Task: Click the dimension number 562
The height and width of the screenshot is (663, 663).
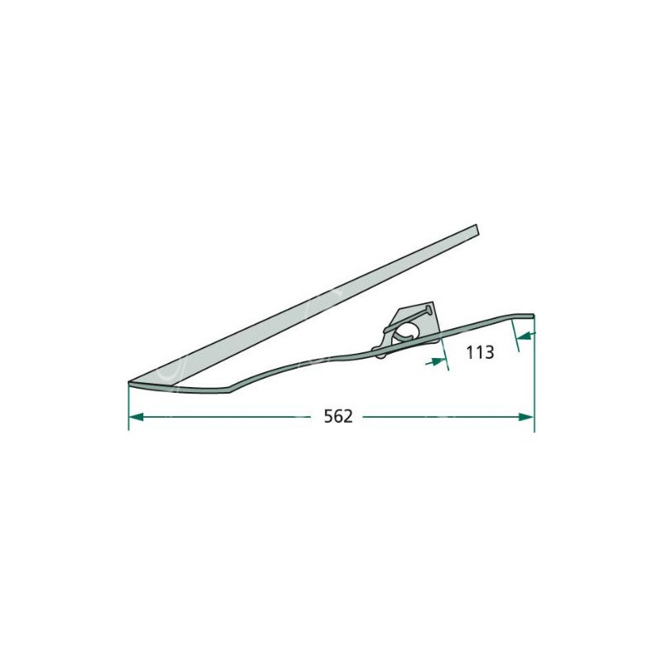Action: [x=338, y=417]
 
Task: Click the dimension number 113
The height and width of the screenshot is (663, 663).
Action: [x=480, y=351]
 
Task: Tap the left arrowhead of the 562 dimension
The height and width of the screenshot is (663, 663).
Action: [x=135, y=417]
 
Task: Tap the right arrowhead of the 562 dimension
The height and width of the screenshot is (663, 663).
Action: [x=526, y=417]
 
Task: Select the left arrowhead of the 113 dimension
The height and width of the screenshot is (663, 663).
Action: [x=438, y=361]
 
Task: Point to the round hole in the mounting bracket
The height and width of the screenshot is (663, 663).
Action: [x=405, y=330]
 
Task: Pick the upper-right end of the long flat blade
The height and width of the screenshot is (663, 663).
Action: [x=477, y=229]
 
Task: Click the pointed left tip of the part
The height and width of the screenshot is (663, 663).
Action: [x=128, y=383]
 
